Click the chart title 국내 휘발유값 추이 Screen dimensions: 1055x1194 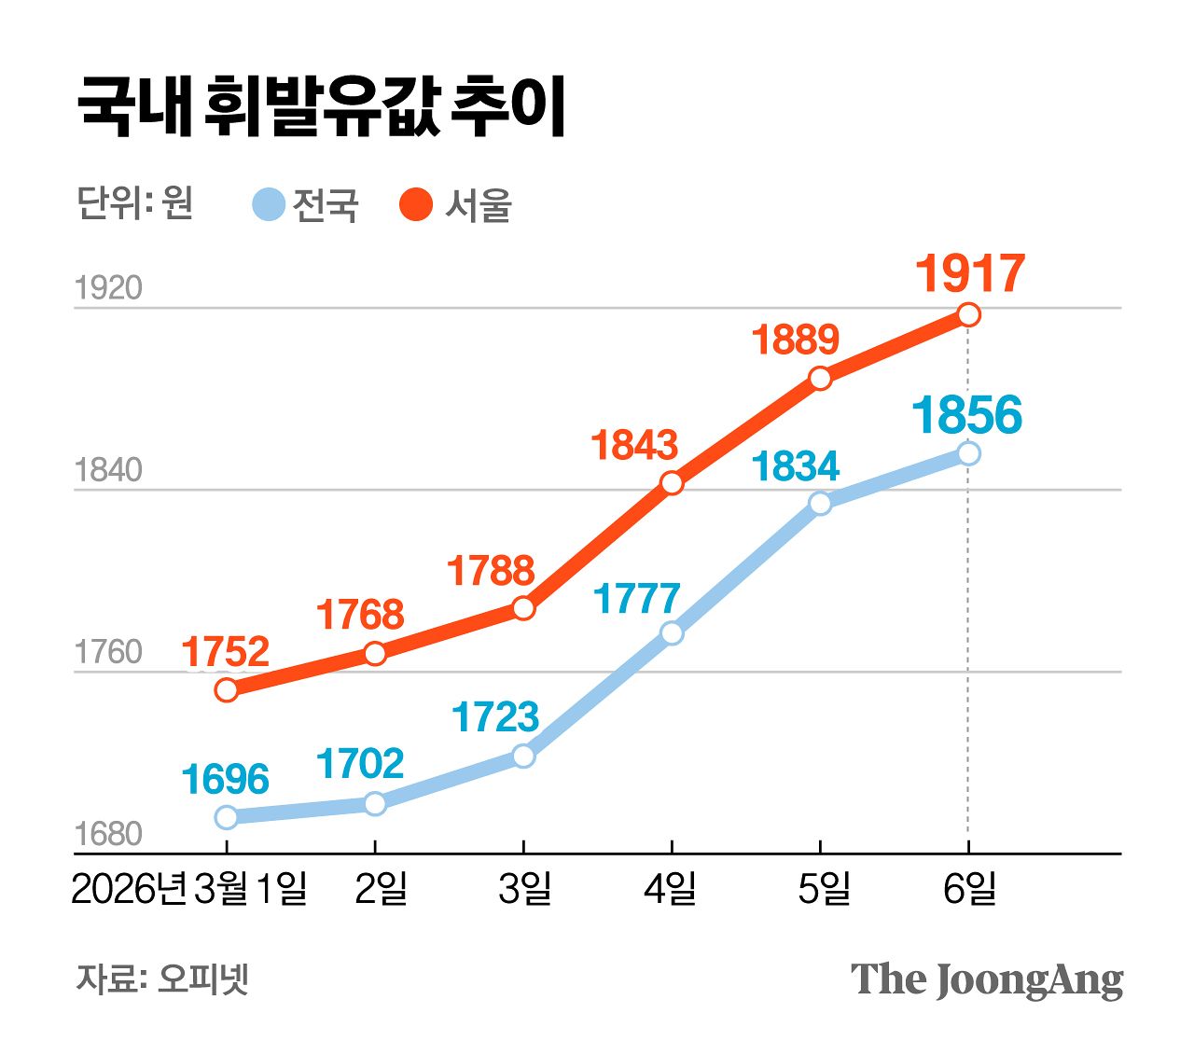click(322, 107)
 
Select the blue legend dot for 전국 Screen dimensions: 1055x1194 click(269, 204)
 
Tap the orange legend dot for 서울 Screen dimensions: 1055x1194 click(416, 204)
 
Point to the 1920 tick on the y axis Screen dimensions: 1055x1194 click(108, 288)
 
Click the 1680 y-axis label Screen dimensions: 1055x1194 click(108, 834)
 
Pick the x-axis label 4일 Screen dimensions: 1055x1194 click(671, 889)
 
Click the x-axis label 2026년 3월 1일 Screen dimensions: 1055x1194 click(189, 889)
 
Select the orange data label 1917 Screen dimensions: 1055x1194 click(969, 273)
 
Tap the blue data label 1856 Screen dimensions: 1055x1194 click(967, 415)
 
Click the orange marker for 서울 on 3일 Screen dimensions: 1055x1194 click(523, 608)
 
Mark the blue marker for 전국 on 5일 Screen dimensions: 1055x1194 click(820, 504)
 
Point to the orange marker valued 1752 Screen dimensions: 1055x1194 click(227, 690)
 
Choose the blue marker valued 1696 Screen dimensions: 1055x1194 click(227, 817)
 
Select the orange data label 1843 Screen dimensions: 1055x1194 click(634, 446)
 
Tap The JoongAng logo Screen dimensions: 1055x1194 click(986, 979)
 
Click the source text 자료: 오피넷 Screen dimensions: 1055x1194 click(162, 979)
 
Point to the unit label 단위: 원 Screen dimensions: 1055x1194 click(135, 202)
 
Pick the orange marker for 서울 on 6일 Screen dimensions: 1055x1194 click(969, 314)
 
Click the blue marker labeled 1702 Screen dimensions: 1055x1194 click(375, 803)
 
